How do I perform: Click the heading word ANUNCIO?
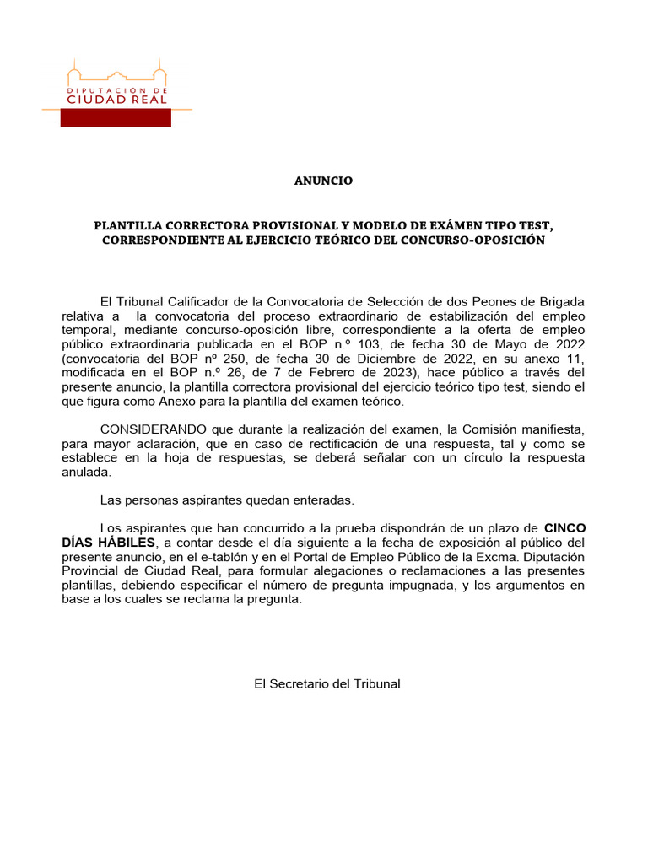[323, 181]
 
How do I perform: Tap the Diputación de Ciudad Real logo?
[117, 86]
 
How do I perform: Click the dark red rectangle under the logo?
[115, 118]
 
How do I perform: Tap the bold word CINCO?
[564, 529]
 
